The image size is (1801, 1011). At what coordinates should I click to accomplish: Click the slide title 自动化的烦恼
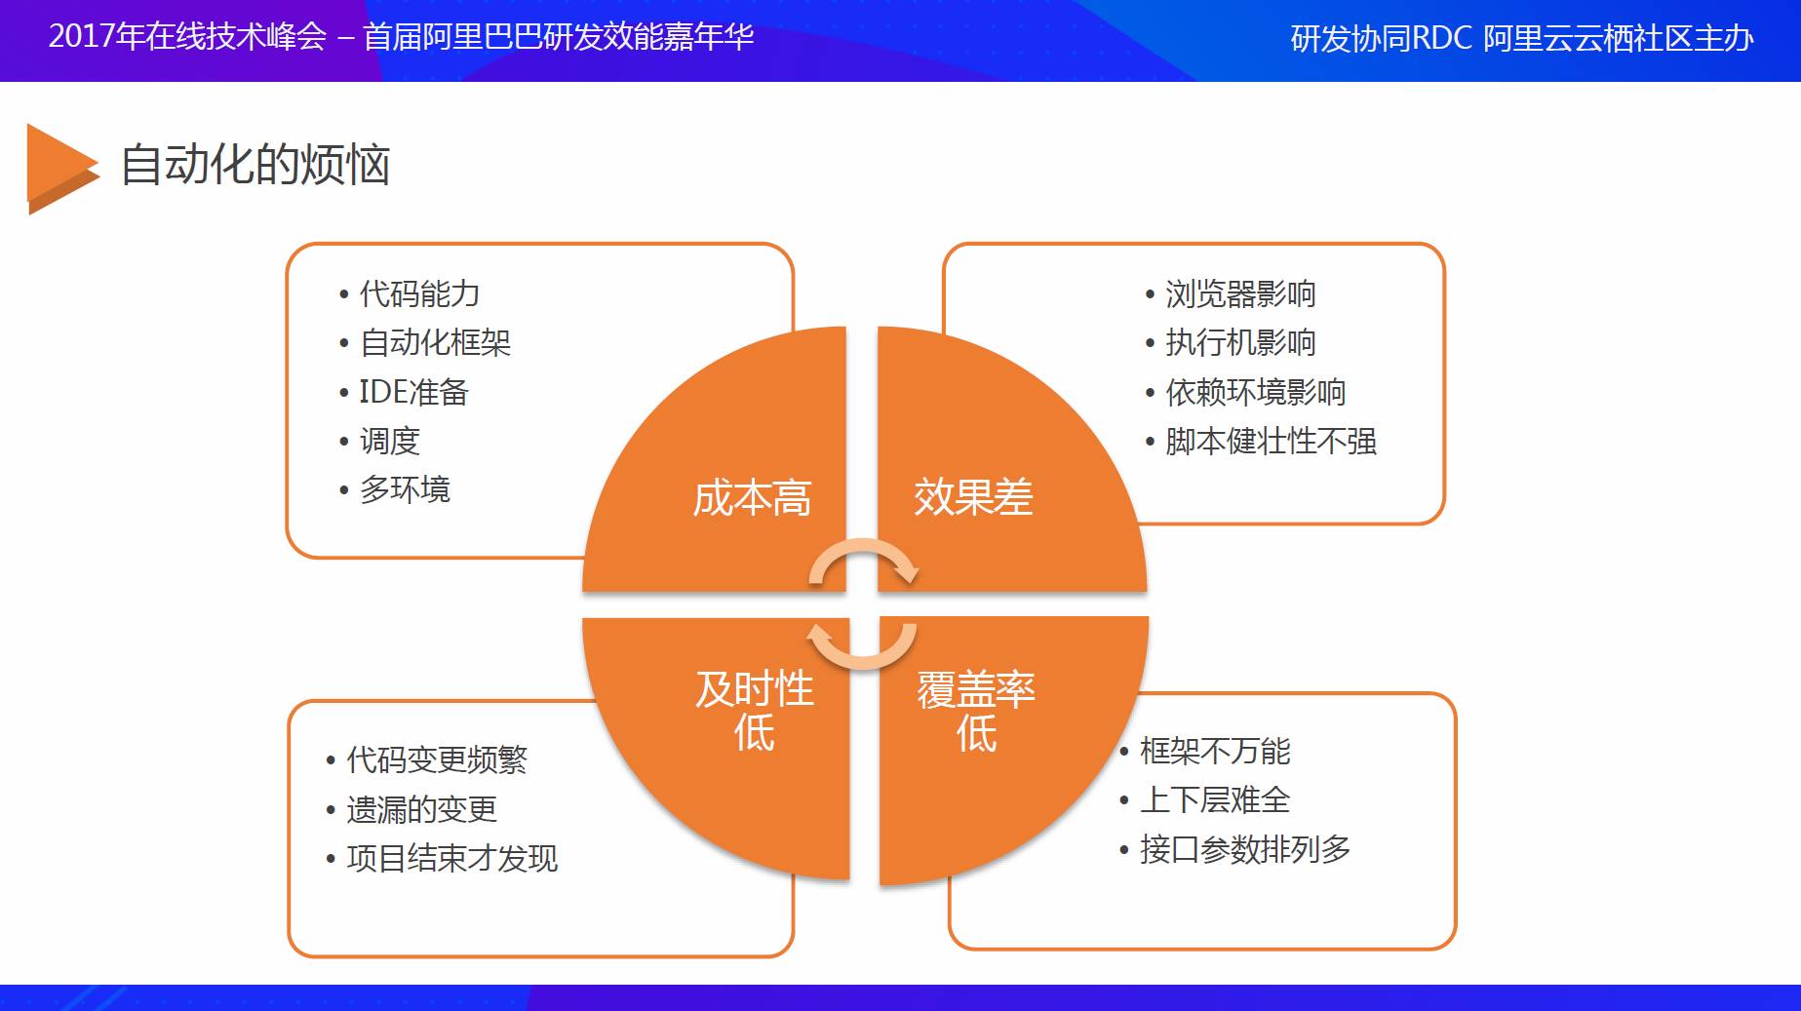point(255,164)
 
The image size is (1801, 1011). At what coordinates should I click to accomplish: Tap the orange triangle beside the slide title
point(61,169)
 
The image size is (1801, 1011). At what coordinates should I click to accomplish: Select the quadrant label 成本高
point(752,498)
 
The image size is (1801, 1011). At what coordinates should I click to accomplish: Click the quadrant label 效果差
point(973,497)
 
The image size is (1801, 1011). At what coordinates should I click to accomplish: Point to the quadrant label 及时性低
point(755,711)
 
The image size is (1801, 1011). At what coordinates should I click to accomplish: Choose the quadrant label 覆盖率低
point(976,711)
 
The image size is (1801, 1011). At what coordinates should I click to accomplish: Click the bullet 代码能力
point(419,293)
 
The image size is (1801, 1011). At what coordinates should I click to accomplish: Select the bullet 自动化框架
point(435,342)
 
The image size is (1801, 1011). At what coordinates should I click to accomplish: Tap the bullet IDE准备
point(413,392)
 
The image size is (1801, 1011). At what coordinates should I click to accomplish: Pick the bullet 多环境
point(405,489)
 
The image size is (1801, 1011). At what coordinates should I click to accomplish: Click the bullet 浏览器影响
point(1240,293)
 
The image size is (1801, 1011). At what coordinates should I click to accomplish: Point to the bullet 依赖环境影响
point(1256,392)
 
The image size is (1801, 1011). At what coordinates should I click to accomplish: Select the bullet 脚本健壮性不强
point(1271,441)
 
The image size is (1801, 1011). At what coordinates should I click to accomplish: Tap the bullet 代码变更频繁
point(437,759)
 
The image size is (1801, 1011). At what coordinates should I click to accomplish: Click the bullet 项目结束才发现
point(452,858)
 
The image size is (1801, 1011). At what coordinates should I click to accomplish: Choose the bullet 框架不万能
point(1215,751)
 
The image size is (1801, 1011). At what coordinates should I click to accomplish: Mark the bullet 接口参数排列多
point(1245,849)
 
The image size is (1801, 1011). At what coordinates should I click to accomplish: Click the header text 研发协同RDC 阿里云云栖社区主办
point(1522,38)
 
